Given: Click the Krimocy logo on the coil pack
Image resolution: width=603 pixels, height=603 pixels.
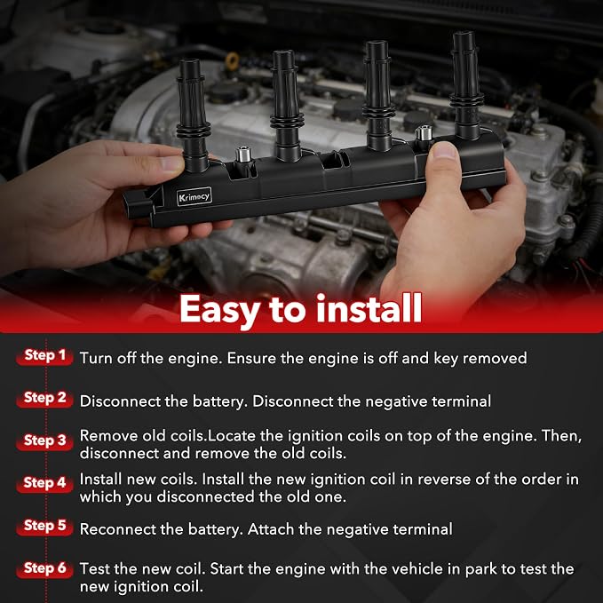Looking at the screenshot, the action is tap(194, 196).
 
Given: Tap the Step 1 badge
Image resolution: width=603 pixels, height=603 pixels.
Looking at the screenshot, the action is tap(44, 356).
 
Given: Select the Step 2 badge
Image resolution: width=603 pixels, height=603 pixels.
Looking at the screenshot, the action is tap(44, 399).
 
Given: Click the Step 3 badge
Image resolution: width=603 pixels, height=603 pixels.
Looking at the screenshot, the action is tap(44, 441).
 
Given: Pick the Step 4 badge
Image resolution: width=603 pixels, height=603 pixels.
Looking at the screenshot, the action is tap(44, 483).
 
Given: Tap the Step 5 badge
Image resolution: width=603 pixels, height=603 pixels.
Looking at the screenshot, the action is tap(44, 526).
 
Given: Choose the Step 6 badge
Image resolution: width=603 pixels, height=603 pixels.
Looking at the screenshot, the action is tap(44, 568).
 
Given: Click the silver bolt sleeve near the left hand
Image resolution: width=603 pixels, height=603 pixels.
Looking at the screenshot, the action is tap(243, 155).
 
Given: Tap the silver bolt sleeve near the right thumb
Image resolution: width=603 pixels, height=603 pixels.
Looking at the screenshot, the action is tap(424, 133).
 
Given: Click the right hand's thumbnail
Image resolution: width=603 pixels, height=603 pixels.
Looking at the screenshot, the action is tap(445, 150).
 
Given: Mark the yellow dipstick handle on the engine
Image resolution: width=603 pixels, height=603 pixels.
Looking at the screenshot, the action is tap(233, 60).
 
